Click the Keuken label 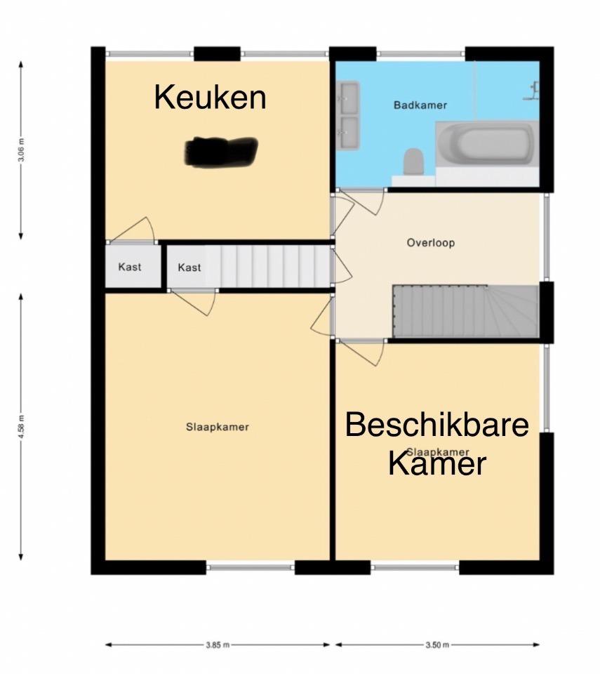pos(210,97)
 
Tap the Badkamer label pos(420,105)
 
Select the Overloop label pos(431,243)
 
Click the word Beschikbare pos(436,425)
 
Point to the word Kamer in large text pos(437,464)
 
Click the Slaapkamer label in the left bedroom pos(218,426)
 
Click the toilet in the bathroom pos(413,162)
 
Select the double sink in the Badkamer pos(348,115)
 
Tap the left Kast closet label pos(130,267)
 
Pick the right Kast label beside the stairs pos(189,267)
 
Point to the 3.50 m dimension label pos(436,645)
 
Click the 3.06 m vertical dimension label pos(21,150)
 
